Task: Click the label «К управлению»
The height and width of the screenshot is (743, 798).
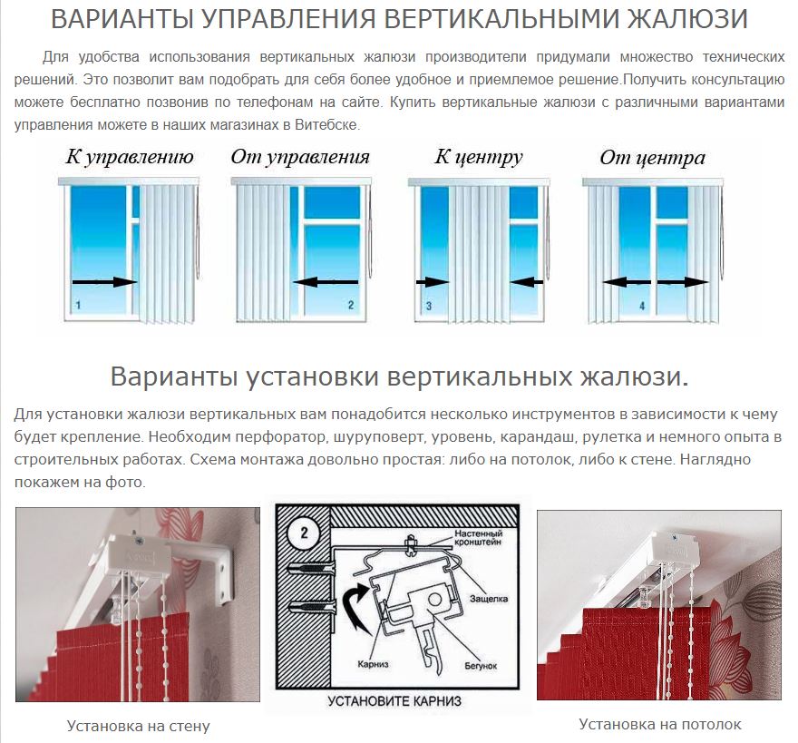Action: tap(130, 157)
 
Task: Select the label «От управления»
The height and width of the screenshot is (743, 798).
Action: tap(300, 157)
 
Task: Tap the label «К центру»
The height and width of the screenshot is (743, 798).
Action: tap(479, 157)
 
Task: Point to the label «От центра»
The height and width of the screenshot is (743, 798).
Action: tap(652, 157)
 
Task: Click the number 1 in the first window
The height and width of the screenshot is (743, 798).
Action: tap(78, 305)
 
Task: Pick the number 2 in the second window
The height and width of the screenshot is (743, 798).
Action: tap(351, 305)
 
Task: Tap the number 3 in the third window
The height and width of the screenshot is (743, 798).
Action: tap(429, 306)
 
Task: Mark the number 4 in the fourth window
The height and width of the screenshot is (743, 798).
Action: tap(642, 306)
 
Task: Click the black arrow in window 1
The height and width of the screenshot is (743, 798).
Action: tap(105, 281)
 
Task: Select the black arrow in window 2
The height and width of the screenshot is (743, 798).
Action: tap(326, 281)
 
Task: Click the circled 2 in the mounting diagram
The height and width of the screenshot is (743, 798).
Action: tap(305, 533)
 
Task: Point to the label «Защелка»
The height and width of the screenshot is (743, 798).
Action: tap(489, 599)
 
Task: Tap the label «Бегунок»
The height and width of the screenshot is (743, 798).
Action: tap(481, 666)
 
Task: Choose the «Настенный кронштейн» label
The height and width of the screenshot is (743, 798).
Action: tap(479, 538)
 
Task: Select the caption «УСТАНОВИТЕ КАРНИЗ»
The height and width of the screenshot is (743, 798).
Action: tap(394, 701)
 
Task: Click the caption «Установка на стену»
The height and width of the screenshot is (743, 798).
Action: tap(139, 726)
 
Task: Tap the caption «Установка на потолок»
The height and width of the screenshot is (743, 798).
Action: tap(660, 724)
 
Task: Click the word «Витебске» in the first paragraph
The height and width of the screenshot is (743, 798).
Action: tap(326, 125)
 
